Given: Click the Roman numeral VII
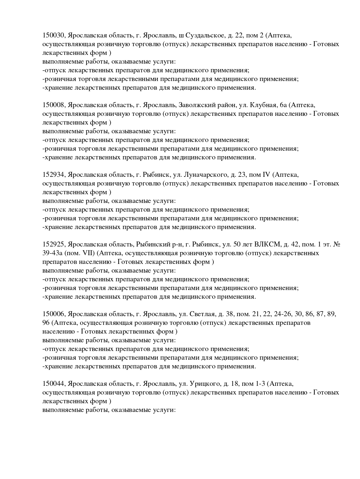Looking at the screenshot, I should click(88, 253).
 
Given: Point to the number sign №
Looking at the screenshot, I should click(337, 244).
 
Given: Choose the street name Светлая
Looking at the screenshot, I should click(202, 314).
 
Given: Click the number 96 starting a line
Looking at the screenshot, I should click(46, 323).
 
